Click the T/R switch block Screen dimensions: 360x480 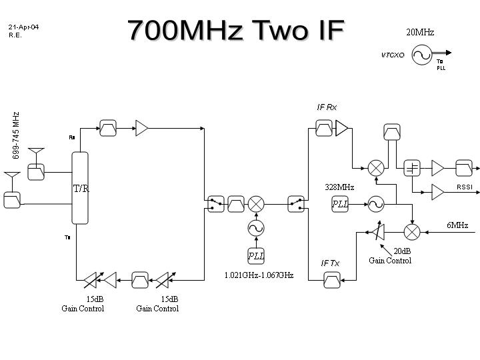click(x=80, y=188)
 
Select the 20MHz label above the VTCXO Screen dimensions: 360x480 click(x=420, y=32)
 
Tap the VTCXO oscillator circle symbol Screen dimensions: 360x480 click(x=422, y=55)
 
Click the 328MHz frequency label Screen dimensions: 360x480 click(x=339, y=187)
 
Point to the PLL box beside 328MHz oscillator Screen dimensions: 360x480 click(x=341, y=204)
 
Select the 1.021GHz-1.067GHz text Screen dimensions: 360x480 click(x=259, y=275)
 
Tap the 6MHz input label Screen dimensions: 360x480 click(x=457, y=225)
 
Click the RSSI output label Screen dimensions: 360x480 click(x=465, y=187)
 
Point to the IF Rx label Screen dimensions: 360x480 click(x=327, y=107)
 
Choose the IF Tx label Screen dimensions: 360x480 click(x=330, y=263)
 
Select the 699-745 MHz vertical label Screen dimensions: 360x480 click(x=16, y=135)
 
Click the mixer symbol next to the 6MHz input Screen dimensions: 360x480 click(x=412, y=231)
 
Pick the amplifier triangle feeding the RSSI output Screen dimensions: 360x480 click(x=437, y=192)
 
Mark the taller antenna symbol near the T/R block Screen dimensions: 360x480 click(x=35, y=155)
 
